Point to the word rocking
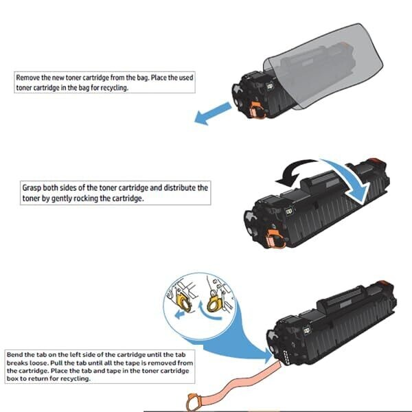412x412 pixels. (x=119, y=198)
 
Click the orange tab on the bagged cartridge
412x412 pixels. (x=257, y=109)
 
